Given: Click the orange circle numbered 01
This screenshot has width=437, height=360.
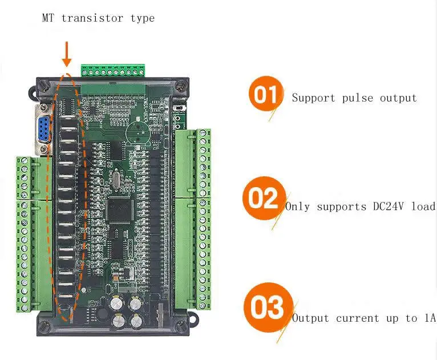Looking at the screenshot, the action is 266,94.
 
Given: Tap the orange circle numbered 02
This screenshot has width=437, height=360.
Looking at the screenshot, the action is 264,199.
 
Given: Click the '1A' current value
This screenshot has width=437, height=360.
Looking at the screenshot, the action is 430,318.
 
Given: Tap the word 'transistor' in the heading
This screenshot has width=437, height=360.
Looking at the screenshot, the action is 92,18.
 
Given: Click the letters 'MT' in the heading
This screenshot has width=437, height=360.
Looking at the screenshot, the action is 48,18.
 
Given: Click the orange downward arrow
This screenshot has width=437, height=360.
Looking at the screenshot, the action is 67,54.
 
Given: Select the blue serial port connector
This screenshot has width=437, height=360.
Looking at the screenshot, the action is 43,128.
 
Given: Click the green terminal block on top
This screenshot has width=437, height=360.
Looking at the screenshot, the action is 113,71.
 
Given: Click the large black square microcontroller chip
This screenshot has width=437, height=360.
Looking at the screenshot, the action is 119,210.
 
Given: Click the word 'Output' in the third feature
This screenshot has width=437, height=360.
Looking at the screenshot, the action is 310,318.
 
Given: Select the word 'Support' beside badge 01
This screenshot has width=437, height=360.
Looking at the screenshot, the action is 313,98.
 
